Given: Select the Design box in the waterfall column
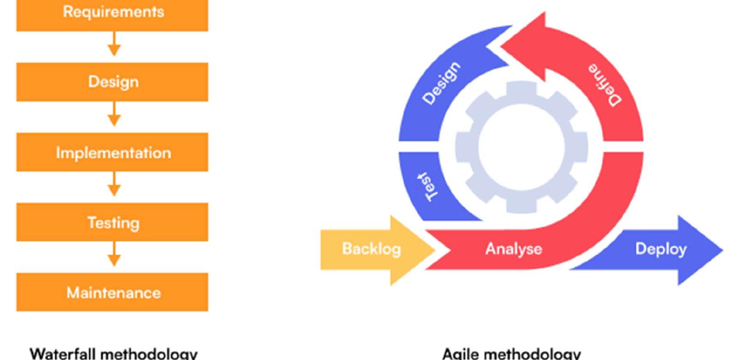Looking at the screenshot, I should click(112, 82).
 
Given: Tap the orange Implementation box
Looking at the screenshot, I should click(112, 152).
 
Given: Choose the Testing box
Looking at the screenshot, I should click(112, 222).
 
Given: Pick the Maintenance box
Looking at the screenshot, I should click(112, 292).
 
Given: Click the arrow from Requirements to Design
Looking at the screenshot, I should click(114, 44).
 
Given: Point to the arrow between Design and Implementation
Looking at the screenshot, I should click(114, 114).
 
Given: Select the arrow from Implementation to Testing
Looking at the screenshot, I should click(114, 184).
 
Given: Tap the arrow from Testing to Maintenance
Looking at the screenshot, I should click(114, 254).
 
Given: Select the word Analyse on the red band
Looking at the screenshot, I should click(513, 249).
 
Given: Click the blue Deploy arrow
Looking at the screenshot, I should click(661, 249).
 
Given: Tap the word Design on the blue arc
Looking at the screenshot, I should click(441, 83).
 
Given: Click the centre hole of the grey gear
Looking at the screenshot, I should click(521, 147).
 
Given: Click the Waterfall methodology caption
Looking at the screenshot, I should click(113, 353).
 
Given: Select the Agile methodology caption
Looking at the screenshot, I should click(512, 353).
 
